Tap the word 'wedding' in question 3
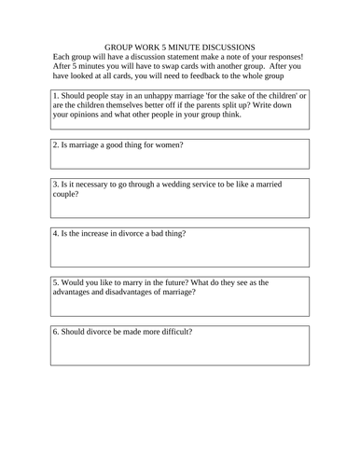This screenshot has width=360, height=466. tap(173, 185)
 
